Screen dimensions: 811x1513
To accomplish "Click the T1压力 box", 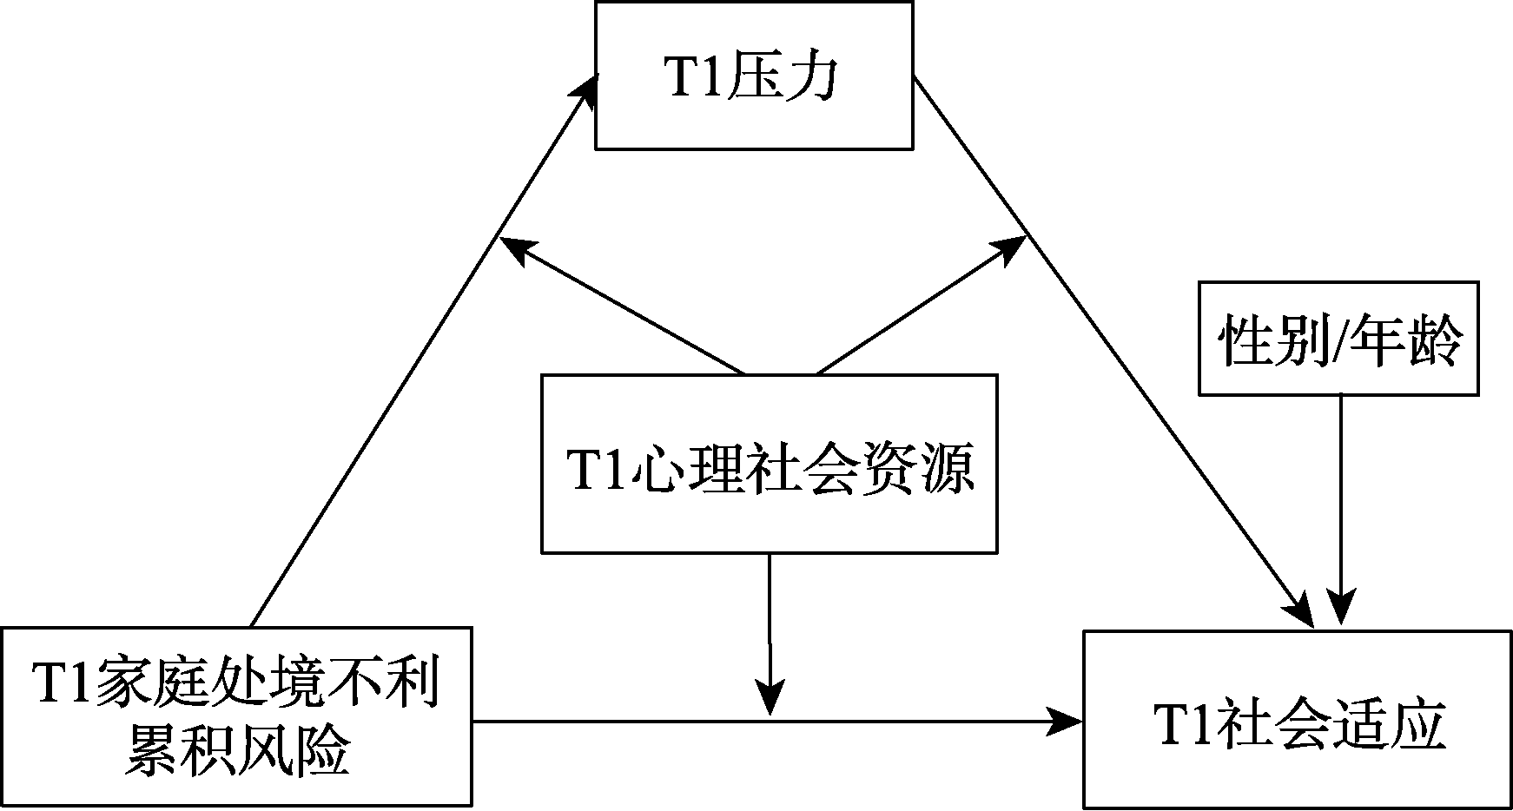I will pyautogui.click(x=753, y=76).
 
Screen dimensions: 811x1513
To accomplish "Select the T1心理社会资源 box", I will pyautogui.click(x=769, y=464).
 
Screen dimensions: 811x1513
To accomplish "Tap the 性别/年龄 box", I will pyautogui.click(x=1338, y=338).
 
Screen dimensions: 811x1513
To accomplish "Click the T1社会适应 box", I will pyautogui.click(x=1298, y=720).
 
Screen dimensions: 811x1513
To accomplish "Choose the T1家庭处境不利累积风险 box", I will pyautogui.click(x=236, y=717).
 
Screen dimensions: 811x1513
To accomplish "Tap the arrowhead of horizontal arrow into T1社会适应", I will pyautogui.click(x=1066, y=720).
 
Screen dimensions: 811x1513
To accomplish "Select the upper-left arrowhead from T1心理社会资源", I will pyautogui.click(x=516, y=249).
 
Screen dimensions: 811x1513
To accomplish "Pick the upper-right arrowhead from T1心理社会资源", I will pyautogui.click(x=1013, y=249).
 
